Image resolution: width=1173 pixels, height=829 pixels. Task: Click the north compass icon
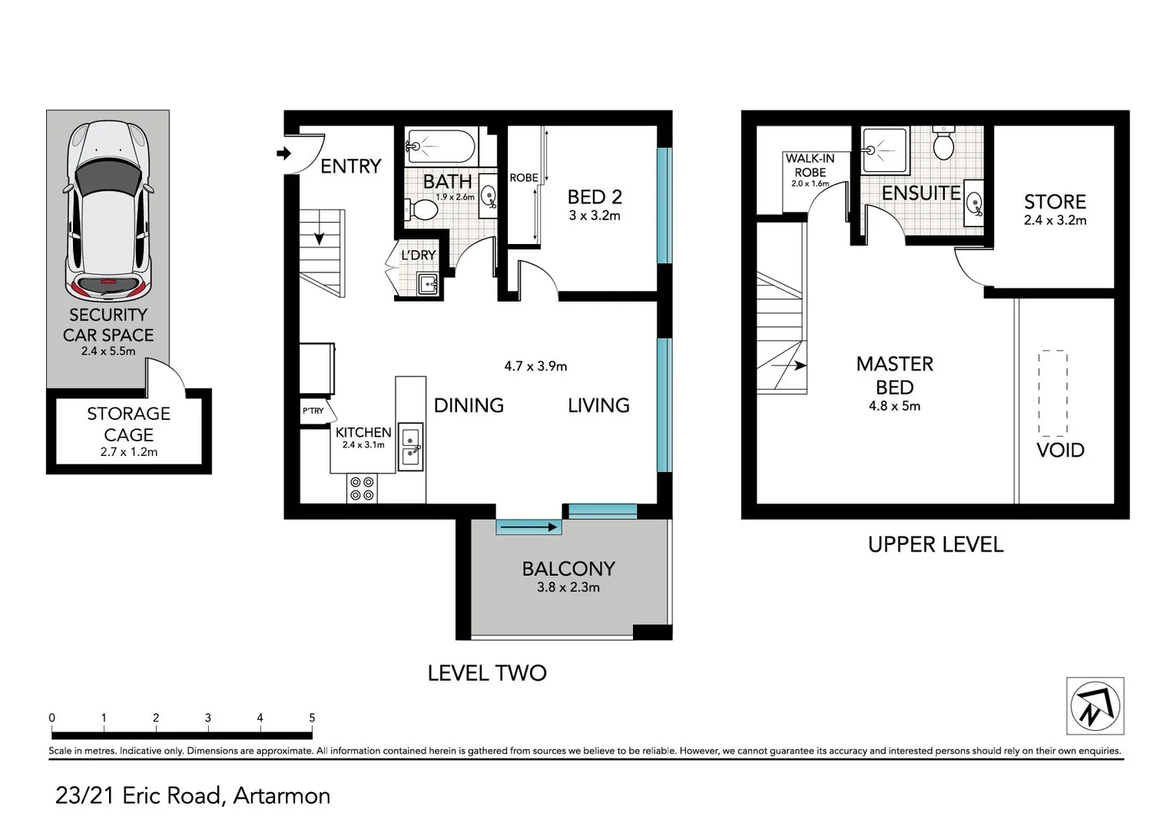point(1095,706)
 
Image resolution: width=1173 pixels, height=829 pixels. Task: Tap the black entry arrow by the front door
point(283,154)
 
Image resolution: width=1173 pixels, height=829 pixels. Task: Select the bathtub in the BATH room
point(440,146)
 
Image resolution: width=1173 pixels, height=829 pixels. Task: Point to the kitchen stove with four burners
point(362,489)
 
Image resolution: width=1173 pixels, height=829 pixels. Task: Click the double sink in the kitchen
point(411,447)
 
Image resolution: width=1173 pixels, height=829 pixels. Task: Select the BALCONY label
point(568,569)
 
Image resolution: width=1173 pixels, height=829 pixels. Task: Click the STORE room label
point(1055,202)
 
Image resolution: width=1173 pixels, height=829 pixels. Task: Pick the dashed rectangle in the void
point(1053,393)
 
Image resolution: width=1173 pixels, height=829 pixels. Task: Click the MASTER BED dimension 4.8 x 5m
point(894,406)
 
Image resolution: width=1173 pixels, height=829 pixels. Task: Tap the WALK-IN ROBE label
point(810,165)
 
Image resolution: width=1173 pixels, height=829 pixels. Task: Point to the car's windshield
point(108,179)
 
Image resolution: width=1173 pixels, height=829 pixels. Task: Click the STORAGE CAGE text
point(128,424)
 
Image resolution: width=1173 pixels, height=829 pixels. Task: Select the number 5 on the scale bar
point(312,718)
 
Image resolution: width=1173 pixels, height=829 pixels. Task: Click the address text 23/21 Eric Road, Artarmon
point(193,795)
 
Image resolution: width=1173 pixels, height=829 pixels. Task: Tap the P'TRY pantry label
point(313,411)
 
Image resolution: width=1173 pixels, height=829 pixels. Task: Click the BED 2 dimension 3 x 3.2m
point(594,216)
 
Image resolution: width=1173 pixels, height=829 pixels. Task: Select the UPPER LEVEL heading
point(935,545)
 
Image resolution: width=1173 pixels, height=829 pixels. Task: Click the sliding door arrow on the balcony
point(529,527)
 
